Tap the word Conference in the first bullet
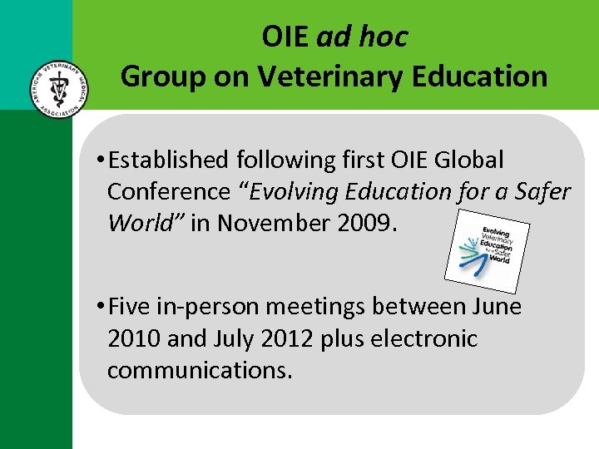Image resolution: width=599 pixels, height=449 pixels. pos(168,191)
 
